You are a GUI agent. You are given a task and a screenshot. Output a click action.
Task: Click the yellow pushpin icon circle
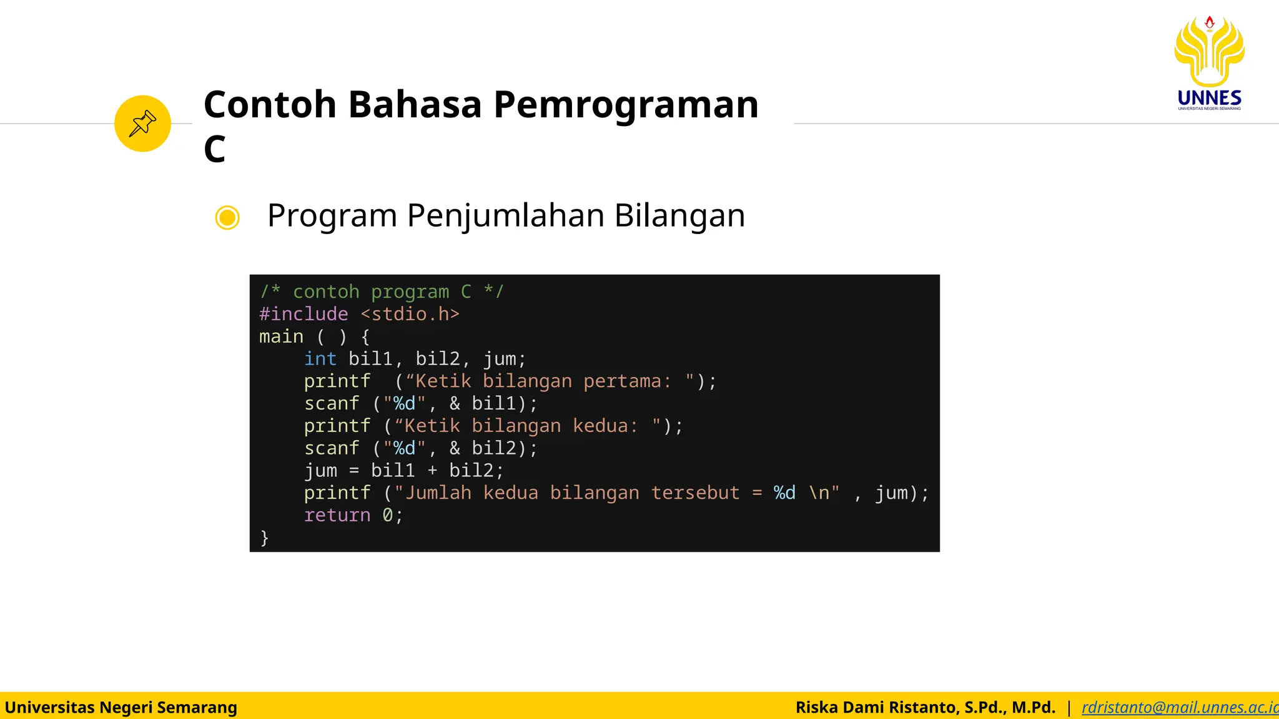(142, 124)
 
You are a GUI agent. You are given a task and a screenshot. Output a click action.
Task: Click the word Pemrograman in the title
(626, 104)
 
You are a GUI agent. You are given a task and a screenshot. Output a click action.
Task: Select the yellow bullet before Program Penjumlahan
(227, 217)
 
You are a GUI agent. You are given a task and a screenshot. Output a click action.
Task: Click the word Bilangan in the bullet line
(679, 215)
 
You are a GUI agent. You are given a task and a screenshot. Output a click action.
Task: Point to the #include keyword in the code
(304, 314)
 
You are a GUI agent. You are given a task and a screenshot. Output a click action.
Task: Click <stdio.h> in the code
(410, 314)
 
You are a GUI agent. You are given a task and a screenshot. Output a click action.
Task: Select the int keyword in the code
(320, 359)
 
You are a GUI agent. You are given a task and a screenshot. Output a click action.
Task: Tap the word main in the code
(281, 336)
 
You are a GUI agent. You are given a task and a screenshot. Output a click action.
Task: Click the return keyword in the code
(337, 516)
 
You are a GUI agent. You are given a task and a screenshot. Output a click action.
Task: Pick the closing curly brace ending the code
(264, 538)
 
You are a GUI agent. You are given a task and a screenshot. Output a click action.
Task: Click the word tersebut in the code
(695, 493)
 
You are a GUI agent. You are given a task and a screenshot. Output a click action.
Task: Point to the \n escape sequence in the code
(819, 493)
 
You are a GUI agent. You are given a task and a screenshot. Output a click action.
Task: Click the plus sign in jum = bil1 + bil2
(432, 471)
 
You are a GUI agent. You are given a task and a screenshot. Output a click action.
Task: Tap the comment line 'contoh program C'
(382, 291)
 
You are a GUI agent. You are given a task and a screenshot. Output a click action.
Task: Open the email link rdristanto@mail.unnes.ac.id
(1179, 707)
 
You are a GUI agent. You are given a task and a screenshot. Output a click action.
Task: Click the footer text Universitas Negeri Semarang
(121, 707)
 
